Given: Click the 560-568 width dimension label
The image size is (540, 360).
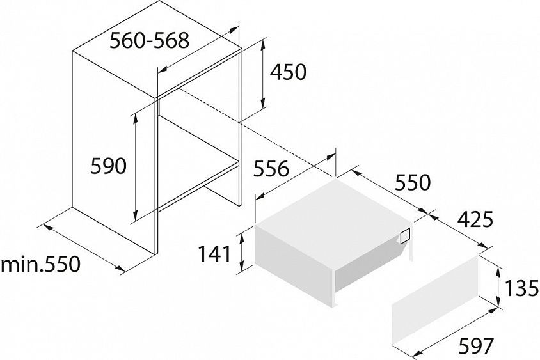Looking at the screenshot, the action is pyautogui.click(x=150, y=41).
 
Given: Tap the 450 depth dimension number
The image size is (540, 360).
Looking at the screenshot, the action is pyautogui.click(x=288, y=72).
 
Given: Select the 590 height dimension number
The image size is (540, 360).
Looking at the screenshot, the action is pyautogui.click(x=109, y=166).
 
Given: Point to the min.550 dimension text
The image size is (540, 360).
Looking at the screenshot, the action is pyautogui.click(x=41, y=264).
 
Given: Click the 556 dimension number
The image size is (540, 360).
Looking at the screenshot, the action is pyautogui.click(x=271, y=169).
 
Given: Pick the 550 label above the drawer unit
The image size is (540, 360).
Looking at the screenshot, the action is pyautogui.click(x=413, y=182).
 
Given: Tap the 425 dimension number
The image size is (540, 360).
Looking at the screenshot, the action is pyautogui.click(x=475, y=220).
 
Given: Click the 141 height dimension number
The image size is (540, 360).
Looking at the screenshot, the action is pyautogui.click(x=214, y=254).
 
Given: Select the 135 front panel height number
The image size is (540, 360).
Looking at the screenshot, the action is pyautogui.click(x=521, y=288).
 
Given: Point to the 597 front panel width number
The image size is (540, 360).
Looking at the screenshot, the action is pyautogui.click(x=476, y=346).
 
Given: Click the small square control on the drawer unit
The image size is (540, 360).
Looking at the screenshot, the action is pyautogui.click(x=406, y=237).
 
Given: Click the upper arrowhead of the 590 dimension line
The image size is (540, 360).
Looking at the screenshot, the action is pyautogui.click(x=136, y=116).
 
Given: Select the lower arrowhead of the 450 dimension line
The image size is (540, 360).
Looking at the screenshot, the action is pyautogui.click(x=263, y=102).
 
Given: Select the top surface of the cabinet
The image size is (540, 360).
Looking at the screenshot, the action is pyautogui.click(x=157, y=49).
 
